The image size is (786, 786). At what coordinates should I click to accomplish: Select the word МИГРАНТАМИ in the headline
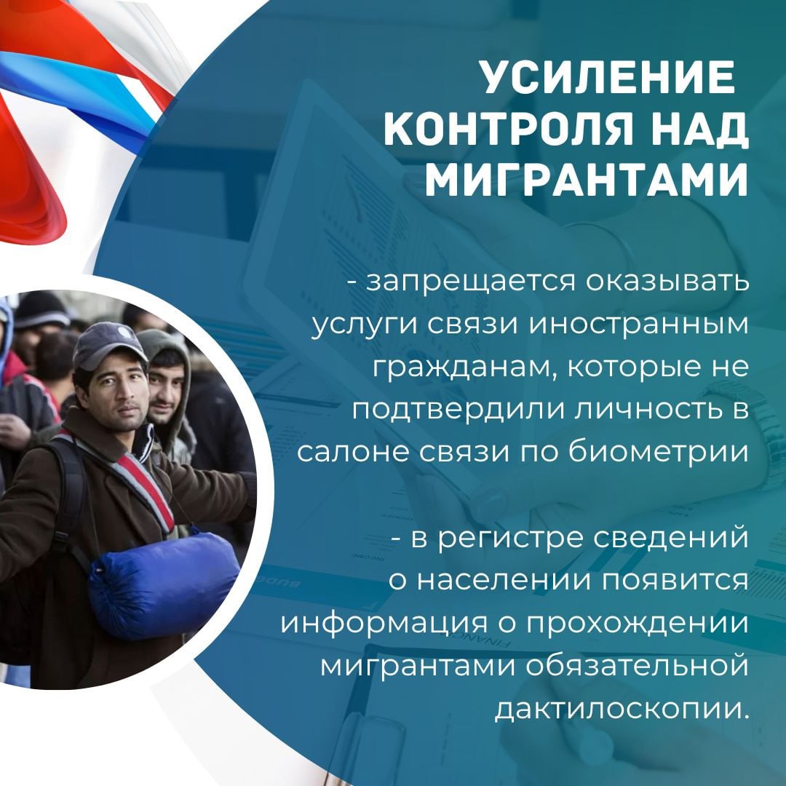click(587, 179)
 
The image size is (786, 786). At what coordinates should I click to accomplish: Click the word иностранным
click(639, 324)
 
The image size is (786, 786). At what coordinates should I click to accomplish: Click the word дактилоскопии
click(622, 709)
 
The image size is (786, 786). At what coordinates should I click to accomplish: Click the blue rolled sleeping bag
click(164, 586)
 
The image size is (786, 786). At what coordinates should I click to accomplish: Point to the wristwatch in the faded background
click(752, 431)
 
